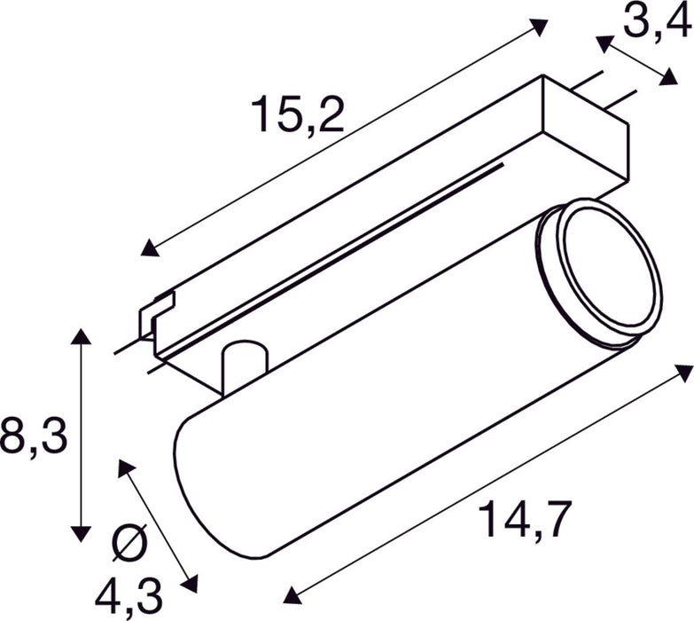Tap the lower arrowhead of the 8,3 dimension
click(82, 533)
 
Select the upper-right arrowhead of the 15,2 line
click(540, 26)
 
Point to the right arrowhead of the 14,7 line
click(683, 371)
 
